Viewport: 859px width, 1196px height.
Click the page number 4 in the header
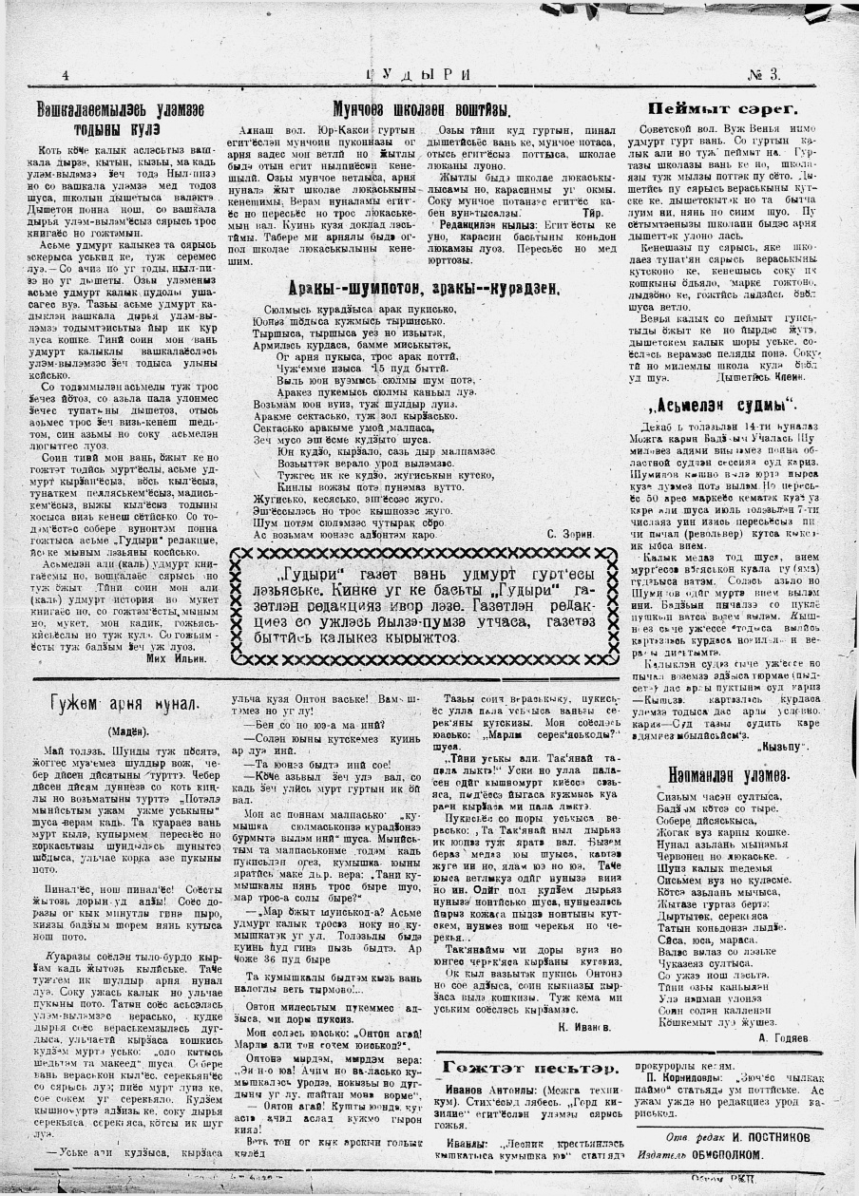tap(65, 75)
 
